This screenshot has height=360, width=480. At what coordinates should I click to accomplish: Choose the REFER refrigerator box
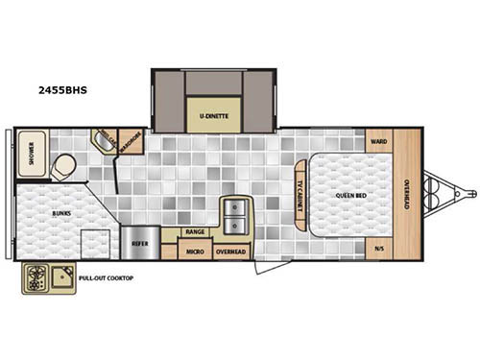(x=139, y=245)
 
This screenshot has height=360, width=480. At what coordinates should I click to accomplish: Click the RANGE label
(x=193, y=232)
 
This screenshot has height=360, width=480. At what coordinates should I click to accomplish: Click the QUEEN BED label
(x=348, y=195)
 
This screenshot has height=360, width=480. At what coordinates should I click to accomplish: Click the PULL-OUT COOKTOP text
(x=106, y=278)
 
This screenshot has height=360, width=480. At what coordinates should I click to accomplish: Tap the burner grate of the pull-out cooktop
(x=37, y=279)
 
